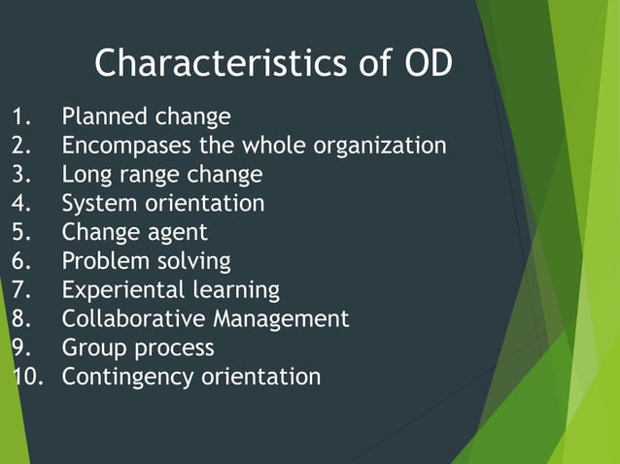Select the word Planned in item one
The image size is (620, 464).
105,117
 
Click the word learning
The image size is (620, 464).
238,290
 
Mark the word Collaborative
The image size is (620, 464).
134,318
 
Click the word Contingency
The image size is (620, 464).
128,377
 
